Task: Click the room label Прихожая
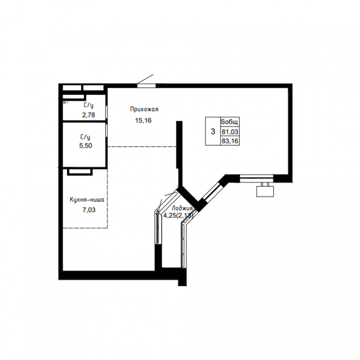144,109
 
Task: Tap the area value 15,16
143,120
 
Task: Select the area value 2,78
89,115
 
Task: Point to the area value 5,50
86,146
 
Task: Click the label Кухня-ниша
87,200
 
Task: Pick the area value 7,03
89,210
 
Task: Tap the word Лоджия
182,208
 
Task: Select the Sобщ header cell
230,122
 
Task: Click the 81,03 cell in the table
230,132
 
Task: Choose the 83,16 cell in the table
230,141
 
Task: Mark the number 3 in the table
213,132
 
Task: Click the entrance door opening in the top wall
146,86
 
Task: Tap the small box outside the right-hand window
265,191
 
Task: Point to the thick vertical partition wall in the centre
180,145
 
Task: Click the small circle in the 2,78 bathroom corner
65,102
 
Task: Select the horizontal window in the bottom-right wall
257,179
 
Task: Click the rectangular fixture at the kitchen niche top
80,172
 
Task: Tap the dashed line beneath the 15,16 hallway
142,146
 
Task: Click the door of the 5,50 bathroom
107,131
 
